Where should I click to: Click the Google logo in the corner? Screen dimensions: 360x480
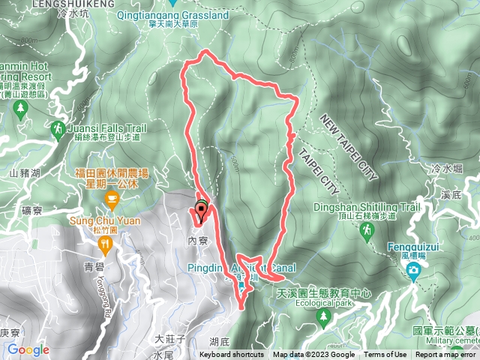[x=28, y=349]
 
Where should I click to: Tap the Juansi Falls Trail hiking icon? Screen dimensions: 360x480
[x=57, y=131]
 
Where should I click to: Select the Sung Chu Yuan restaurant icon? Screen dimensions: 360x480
[x=112, y=199]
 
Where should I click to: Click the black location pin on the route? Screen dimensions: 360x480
[x=201, y=209]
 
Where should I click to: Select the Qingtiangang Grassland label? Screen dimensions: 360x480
[x=199, y=14]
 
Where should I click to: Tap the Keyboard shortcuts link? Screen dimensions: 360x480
[x=232, y=355]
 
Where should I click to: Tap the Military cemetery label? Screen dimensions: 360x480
[x=450, y=339]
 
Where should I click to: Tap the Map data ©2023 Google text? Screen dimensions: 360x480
[x=313, y=355]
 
